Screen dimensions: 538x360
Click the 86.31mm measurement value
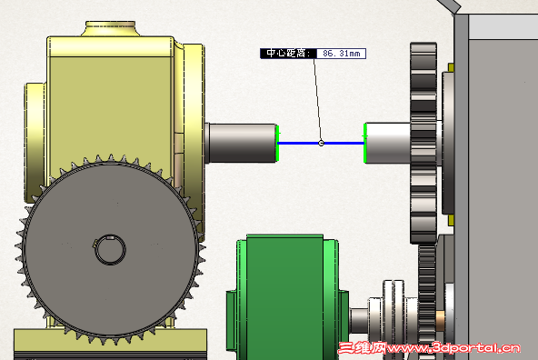coord(342,54)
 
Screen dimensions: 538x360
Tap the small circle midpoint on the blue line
coord(321,143)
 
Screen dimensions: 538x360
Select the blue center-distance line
coord(321,143)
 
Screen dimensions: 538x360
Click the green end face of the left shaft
coord(277,143)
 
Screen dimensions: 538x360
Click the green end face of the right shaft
coord(365,143)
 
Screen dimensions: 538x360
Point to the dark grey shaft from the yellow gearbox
coord(241,143)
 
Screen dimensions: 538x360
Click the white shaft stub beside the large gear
coord(388,143)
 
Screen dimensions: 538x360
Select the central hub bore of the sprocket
coord(110,250)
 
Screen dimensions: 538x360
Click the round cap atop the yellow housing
coord(111,28)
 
